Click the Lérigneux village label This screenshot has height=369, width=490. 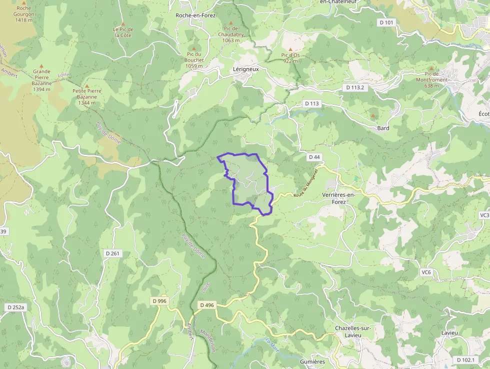pyautogui.click(x=245, y=70)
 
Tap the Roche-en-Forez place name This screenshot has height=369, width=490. pyautogui.click(x=195, y=16)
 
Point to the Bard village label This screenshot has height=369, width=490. pyautogui.click(x=383, y=128)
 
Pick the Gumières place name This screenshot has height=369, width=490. pyautogui.click(x=312, y=361)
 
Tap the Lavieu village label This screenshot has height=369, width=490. pyautogui.click(x=449, y=332)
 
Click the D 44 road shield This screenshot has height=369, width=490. pyautogui.click(x=314, y=157)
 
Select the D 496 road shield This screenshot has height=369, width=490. pyautogui.click(x=206, y=305)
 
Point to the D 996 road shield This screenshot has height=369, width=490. pyautogui.click(x=158, y=301)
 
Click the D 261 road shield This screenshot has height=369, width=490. pyautogui.click(x=112, y=253)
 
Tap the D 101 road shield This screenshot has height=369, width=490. pyautogui.click(x=386, y=22)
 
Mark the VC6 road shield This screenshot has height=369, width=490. pyautogui.click(x=426, y=272)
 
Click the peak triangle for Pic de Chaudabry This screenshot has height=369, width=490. pyautogui.click(x=231, y=23)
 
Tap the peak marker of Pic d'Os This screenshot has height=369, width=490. pyautogui.click(x=290, y=49)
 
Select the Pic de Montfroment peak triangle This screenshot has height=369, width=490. pyautogui.click(x=431, y=68)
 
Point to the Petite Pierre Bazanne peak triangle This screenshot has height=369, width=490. pyautogui.click(x=86, y=86)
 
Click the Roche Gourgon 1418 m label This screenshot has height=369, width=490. pyautogui.click(x=23, y=14)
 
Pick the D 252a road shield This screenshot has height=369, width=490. pyautogui.click(x=16, y=307)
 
